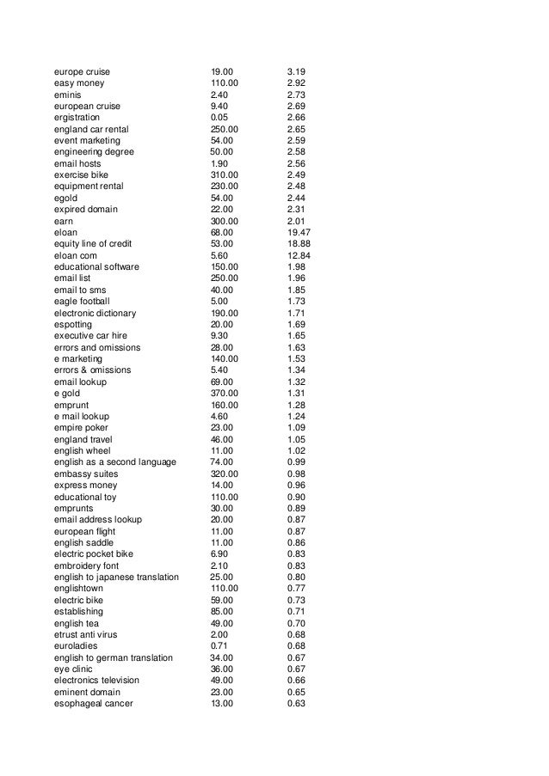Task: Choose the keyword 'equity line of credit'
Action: tap(93, 243)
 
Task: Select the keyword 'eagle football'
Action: tap(82, 301)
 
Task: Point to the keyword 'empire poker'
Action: tap(81, 427)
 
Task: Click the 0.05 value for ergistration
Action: tap(219, 117)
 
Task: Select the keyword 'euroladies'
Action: tap(74, 646)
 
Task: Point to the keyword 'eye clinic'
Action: tap(73, 669)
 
